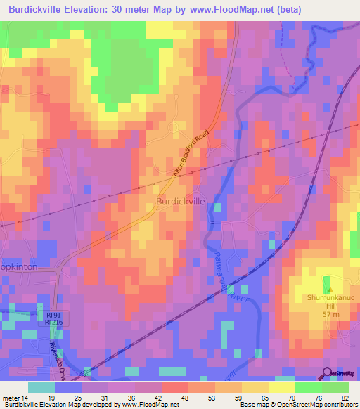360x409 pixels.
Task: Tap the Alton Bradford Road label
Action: pos(191,154)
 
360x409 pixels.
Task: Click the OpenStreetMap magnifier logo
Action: pos(327,375)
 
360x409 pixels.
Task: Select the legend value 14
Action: pos(27,397)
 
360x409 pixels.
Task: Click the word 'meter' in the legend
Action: pos(11,397)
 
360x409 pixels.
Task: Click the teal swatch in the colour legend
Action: pos(41,387)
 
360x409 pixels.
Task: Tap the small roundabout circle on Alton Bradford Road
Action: pos(174,127)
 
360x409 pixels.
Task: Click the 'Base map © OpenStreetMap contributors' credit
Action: pos(299,405)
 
